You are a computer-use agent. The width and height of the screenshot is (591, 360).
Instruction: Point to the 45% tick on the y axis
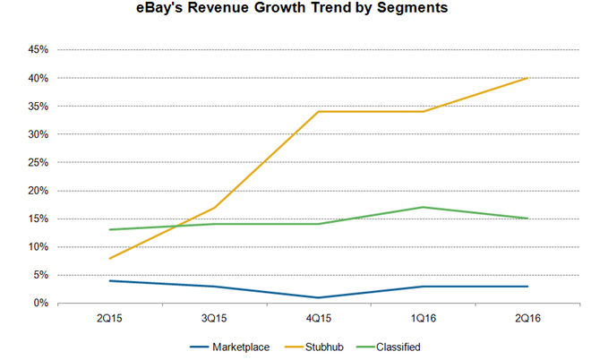37,50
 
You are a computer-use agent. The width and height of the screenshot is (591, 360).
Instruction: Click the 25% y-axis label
37,163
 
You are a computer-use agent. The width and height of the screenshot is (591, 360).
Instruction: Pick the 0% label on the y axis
39,304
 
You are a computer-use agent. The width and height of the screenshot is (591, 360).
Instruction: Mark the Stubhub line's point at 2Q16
527,79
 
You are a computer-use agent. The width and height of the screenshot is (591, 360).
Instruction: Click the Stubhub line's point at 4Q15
318,112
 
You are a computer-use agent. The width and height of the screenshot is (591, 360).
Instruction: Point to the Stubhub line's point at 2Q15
109,259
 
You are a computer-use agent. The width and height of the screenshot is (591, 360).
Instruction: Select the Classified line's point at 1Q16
423,208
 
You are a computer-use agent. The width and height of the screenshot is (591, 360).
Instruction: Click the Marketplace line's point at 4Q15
318,297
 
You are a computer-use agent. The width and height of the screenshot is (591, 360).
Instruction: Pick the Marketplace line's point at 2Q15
109,281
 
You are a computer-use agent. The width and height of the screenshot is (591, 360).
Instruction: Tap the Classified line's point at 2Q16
527,219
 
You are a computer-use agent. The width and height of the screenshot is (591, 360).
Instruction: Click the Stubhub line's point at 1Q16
423,112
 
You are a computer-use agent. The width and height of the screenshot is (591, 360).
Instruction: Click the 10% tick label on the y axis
37,247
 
